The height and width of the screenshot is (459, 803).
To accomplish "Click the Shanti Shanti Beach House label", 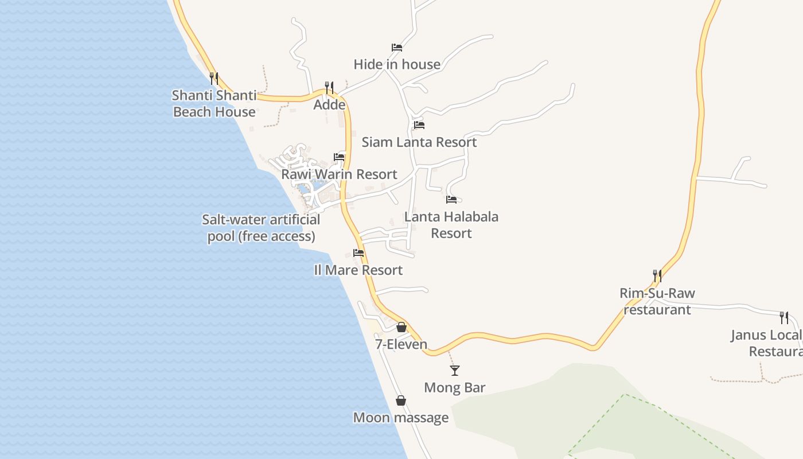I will click(214, 104).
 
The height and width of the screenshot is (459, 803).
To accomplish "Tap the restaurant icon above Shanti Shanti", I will click(214, 78).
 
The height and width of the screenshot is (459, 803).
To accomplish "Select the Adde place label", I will click(329, 105).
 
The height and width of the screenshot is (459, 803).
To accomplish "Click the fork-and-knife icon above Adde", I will click(329, 87).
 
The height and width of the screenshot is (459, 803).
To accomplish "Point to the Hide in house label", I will click(397, 64).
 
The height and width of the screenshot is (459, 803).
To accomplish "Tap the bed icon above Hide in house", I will click(397, 47).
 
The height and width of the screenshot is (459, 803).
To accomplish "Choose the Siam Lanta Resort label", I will click(419, 142).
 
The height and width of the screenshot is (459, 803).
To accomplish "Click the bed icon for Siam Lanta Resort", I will click(419, 125).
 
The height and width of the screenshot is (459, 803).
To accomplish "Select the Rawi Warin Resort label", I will click(339, 174).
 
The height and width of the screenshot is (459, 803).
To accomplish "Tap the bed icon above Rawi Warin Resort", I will click(339, 157).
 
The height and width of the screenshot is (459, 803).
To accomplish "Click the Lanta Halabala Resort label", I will click(451, 225).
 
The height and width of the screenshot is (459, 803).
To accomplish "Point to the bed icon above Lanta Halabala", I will click(451, 200).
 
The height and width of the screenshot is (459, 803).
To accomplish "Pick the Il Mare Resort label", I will click(358, 270).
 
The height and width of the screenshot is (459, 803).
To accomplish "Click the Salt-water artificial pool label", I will click(261, 228).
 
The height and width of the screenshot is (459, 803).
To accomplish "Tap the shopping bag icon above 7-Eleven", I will click(402, 327).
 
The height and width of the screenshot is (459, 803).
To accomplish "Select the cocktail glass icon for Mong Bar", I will click(455, 371).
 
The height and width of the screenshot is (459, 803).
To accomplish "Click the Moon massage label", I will click(401, 417).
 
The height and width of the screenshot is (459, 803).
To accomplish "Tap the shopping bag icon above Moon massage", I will click(401, 400).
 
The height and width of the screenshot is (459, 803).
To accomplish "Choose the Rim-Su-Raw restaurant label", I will click(657, 301).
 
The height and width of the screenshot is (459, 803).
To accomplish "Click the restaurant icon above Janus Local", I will click(784, 317).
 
